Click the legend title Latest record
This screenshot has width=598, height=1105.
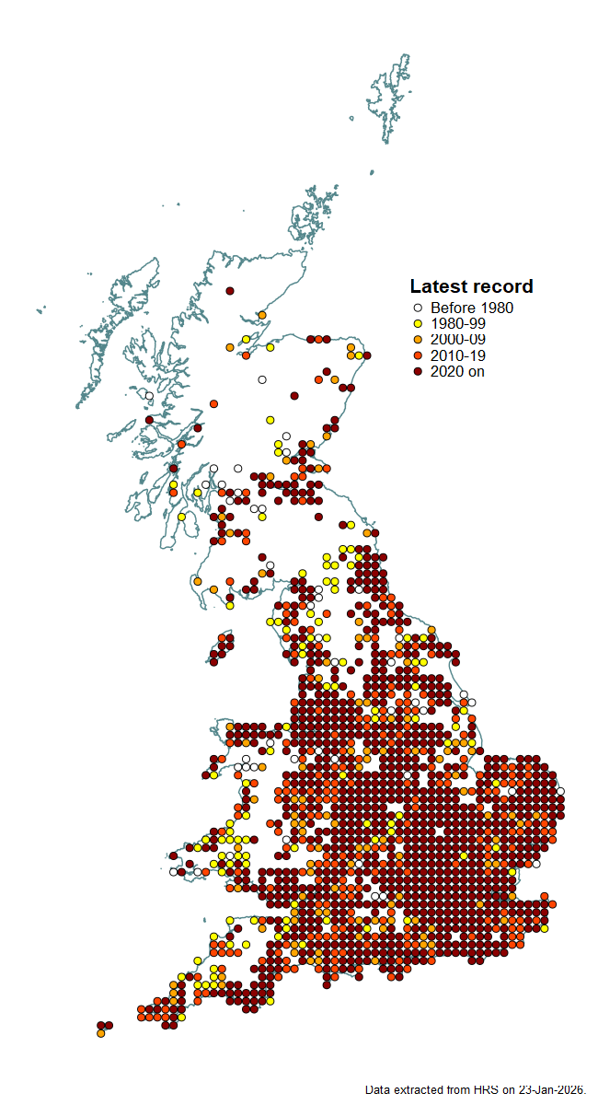click(471, 286)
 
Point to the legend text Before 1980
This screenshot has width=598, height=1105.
click(471, 308)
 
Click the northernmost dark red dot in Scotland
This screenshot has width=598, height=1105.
click(229, 291)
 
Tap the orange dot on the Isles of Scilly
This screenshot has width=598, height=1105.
click(100, 1033)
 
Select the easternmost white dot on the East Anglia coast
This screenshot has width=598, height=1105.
click(560, 791)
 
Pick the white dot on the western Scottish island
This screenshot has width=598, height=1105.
click(149, 395)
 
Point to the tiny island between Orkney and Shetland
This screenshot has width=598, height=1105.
click(372, 171)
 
